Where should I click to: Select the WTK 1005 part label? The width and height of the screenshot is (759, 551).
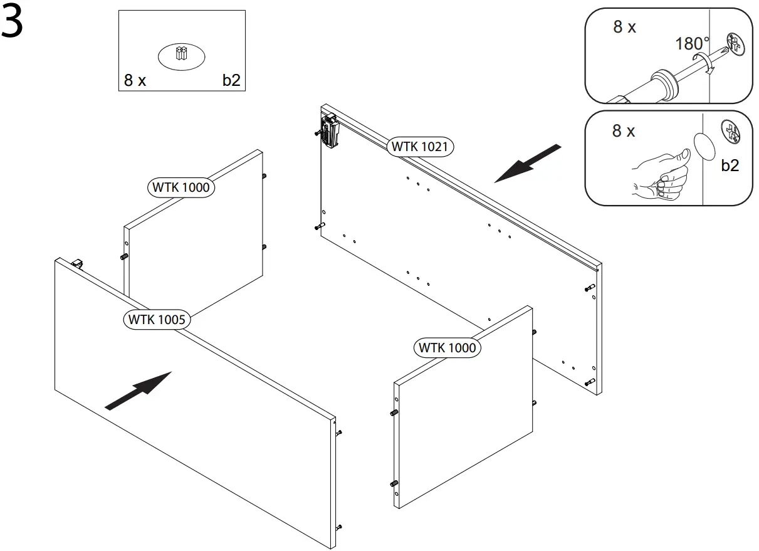(157, 319)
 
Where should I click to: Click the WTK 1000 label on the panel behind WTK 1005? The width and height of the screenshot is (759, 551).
(181, 187)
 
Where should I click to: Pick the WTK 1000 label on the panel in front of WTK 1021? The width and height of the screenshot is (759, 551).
(447, 347)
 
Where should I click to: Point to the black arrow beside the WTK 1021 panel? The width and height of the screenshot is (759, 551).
(528, 163)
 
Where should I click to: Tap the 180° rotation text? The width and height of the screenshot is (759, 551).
(692, 44)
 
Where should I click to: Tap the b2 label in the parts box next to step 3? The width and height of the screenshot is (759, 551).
(231, 80)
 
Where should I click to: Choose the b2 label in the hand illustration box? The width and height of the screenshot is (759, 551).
(730, 165)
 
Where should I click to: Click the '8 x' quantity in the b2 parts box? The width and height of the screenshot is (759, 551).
(135, 80)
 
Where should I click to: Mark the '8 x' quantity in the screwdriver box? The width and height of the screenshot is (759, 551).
(624, 27)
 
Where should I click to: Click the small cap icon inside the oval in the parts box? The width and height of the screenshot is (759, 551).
(181, 55)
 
